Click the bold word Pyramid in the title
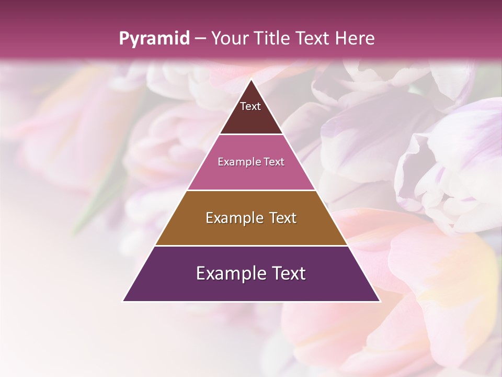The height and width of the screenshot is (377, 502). point(154,39)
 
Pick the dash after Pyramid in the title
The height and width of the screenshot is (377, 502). point(200,39)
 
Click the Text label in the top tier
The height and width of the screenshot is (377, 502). point(250,106)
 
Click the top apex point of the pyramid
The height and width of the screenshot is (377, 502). point(251,80)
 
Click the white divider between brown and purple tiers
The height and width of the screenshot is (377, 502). point(251,246)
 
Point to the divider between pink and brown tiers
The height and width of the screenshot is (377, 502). point(251,190)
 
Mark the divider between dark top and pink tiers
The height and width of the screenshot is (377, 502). point(251,135)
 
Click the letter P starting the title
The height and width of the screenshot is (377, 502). point(123,39)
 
